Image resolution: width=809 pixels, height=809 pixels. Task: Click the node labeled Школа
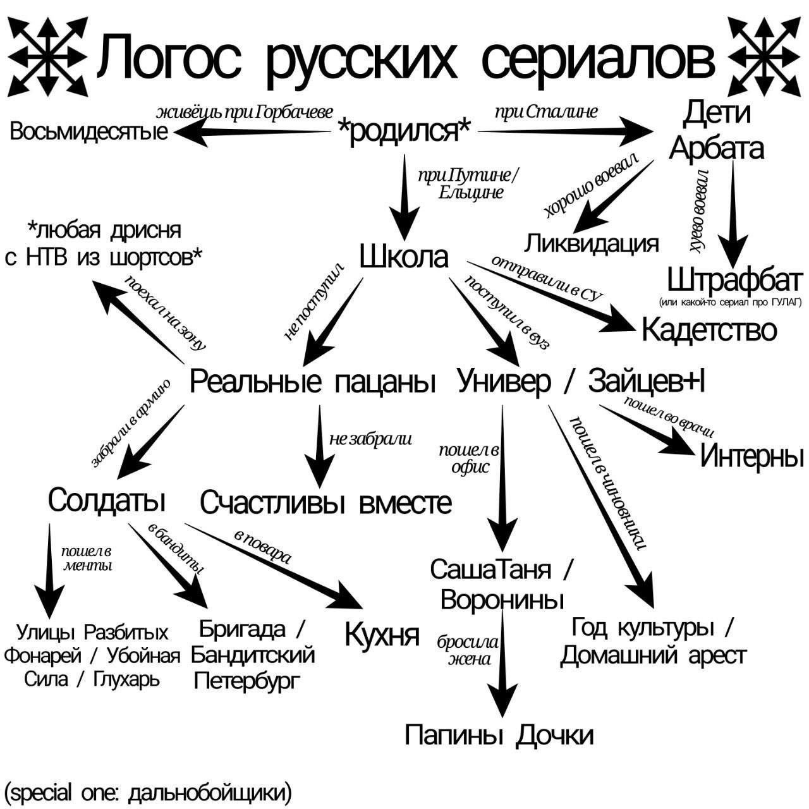coord(404,257)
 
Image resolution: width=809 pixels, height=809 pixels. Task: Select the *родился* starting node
coord(404,131)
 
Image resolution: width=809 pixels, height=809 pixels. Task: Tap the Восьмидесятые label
coord(89,132)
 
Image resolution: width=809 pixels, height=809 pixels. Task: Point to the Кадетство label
coord(709,330)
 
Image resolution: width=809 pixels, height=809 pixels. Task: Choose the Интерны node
coord(751,456)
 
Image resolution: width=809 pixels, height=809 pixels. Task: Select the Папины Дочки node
coord(499,735)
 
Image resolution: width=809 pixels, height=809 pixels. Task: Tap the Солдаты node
coord(107,500)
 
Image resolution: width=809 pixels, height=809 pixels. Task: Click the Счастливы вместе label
coord(326,503)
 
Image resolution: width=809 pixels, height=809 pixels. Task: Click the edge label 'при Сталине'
coord(546,113)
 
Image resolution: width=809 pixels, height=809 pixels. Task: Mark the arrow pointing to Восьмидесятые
coord(253,132)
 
